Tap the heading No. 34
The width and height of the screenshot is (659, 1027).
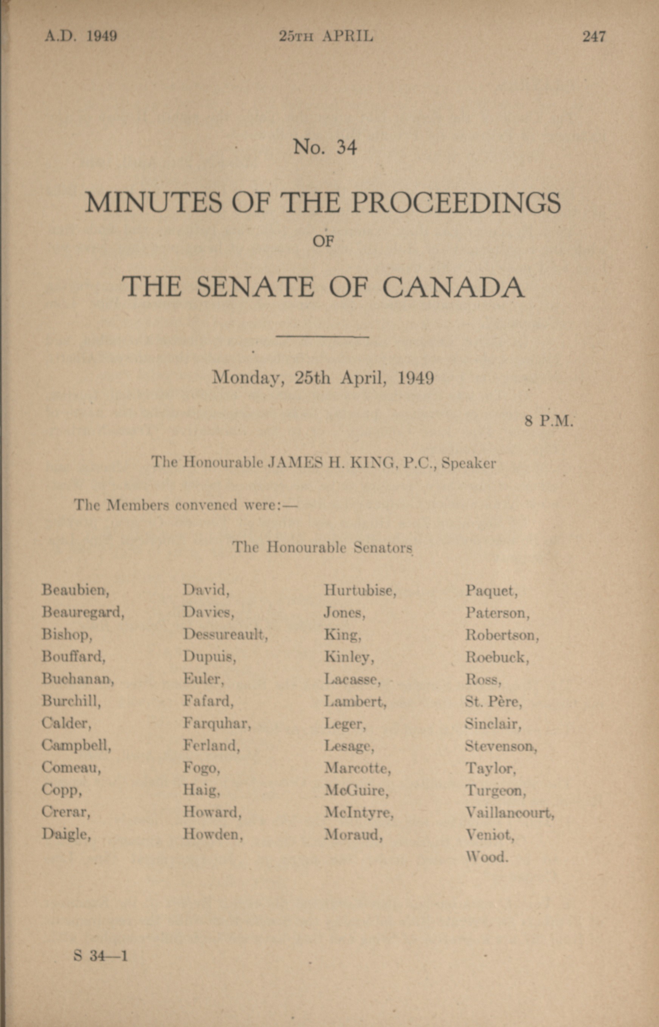coord(325,147)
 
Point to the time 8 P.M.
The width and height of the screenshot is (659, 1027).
coord(549,421)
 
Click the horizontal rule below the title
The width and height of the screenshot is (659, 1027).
coord(322,337)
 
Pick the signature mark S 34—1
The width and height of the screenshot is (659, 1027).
coord(101,956)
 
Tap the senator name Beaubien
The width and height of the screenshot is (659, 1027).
coord(75,590)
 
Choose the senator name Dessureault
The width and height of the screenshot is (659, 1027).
coord(225,634)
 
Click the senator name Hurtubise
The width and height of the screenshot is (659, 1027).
coord(360,590)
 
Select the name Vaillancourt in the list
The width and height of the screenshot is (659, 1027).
coord(509,812)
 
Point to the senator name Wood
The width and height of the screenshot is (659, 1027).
coord(487,857)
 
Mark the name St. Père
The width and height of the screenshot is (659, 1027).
coord(493,701)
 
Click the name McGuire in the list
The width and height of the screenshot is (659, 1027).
coord(356,790)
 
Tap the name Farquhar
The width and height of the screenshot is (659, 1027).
coord(217,724)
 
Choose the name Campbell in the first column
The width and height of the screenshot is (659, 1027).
coord(76,745)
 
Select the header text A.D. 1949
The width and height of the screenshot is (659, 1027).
coord(81,36)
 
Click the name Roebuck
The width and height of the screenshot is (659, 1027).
coord(497,657)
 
